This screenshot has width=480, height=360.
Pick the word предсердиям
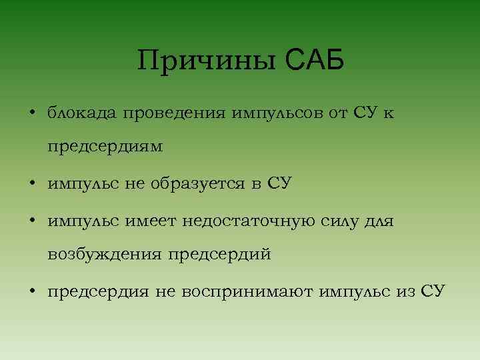tap(105, 147)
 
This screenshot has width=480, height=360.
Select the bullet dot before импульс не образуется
tap(32, 183)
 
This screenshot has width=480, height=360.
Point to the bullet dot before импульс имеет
tap(32, 219)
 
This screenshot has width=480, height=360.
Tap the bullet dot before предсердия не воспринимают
tap(32, 291)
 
